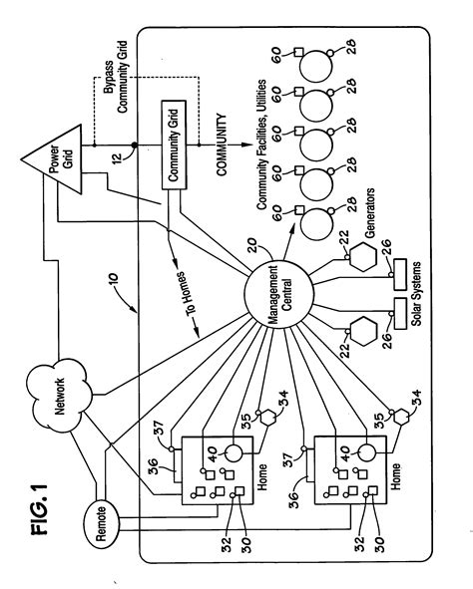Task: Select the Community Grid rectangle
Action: [174, 163]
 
